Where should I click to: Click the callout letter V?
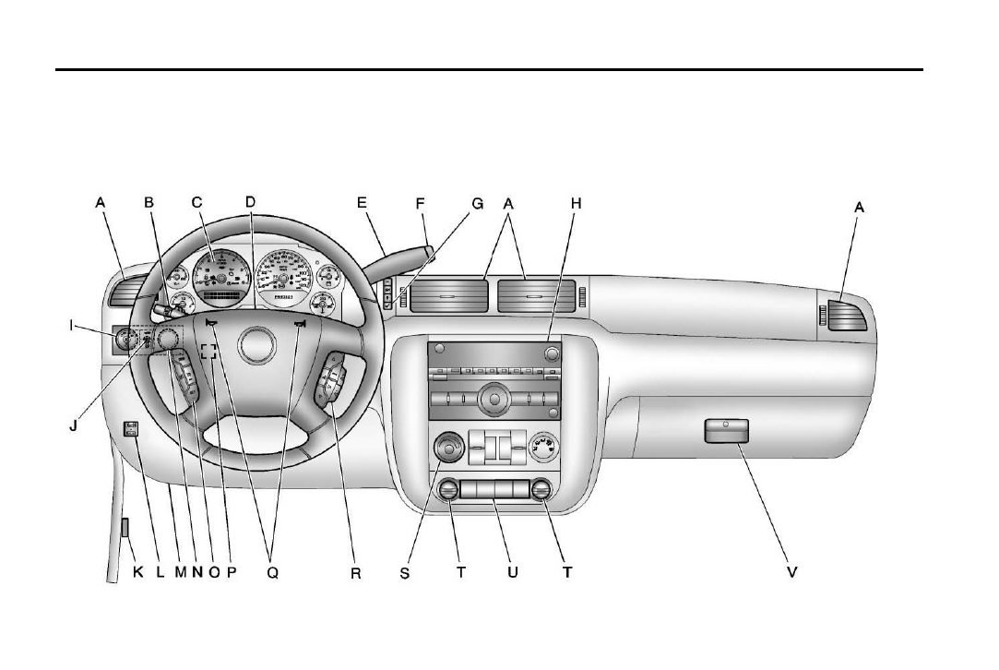point(791,573)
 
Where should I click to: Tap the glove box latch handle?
point(725,430)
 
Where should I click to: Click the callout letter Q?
point(272,573)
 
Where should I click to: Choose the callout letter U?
point(513,573)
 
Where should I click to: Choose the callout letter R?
point(356,573)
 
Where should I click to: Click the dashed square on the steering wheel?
point(209,352)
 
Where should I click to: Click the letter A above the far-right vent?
point(859,209)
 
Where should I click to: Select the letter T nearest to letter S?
point(461,573)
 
